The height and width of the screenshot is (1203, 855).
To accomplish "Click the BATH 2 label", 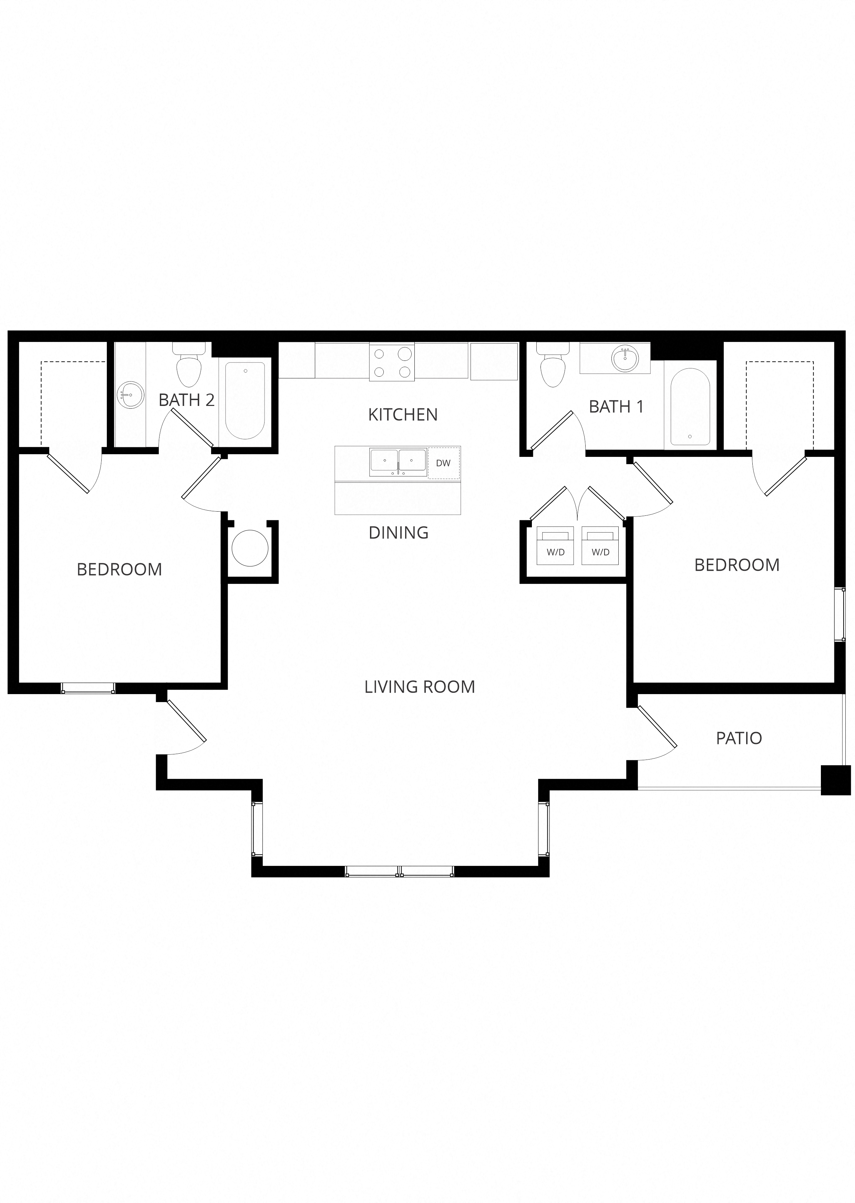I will point(186,400).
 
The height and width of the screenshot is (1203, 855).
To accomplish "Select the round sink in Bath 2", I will point(130,395).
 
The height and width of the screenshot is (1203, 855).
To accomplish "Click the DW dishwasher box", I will point(443,463).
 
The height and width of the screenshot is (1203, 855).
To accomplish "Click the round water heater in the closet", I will point(250,548).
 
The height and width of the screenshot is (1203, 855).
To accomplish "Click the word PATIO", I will point(739,738).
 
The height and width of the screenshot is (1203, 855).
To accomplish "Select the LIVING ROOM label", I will point(420,687).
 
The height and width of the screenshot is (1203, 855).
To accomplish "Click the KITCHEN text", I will point(403,415).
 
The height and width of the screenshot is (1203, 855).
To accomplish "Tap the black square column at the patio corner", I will point(835,780).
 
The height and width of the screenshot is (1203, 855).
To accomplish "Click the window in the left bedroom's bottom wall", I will point(88,688).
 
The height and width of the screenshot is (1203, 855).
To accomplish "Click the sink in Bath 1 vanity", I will point(625,358).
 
